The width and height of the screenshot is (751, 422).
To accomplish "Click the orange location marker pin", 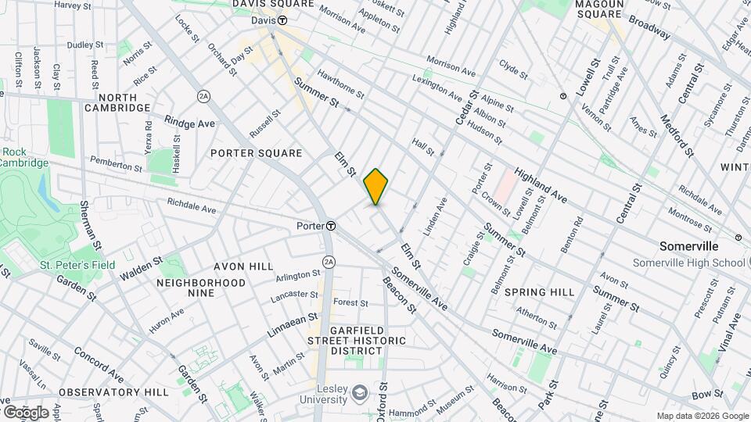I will tap(376, 187).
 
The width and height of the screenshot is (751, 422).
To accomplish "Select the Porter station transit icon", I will tap(331, 225).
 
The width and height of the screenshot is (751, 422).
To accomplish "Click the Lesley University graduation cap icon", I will tap(360, 392).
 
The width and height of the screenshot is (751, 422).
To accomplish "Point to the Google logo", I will tap(25, 412).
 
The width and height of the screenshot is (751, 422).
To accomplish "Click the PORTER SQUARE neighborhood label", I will tap(256, 152).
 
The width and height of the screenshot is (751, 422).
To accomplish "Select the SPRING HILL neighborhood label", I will tap(539, 292).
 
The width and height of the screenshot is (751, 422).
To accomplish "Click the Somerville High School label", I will tap(688, 263).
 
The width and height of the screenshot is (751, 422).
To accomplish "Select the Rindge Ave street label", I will tap(189, 123).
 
